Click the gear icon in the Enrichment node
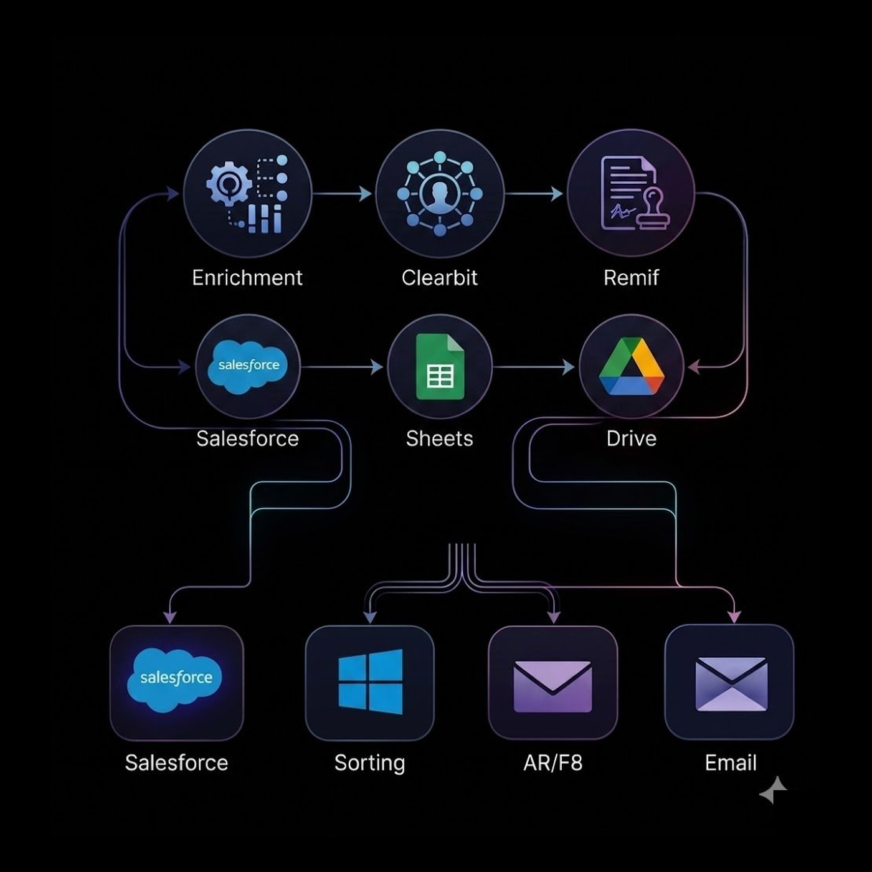click(x=229, y=184)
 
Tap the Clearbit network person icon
click(x=440, y=194)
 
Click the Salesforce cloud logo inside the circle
click(x=248, y=367)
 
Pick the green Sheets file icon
click(x=440, y=367)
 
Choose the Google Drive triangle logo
click(x=631, y=367)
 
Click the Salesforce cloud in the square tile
click(x=176, y=680)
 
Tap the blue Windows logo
click(x=370, y=681)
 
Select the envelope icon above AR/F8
click(x=552, y=686)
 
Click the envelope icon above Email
click(x=731, y=684)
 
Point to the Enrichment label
click(x=247, y=278)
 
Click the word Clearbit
click(x=440, y=278)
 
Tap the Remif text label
click(x=631, y=278)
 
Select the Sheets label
click(x=440, y=438)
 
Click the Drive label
click(x=631, y=438)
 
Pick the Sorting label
click(x=370, y=763)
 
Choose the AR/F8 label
click(x=552, y=763)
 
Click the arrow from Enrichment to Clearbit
click(x=343, y=194)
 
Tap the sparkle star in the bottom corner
click(x=774, y=790)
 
